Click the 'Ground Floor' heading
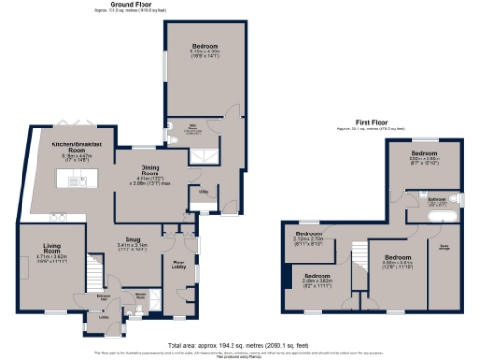click(x=131, y=5)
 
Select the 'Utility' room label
click(x=202, y=190)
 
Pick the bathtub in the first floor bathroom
click(x=439, y=217)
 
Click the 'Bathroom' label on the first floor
click(x=437, y=200)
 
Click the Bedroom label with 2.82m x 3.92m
click(x=425, y=153)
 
